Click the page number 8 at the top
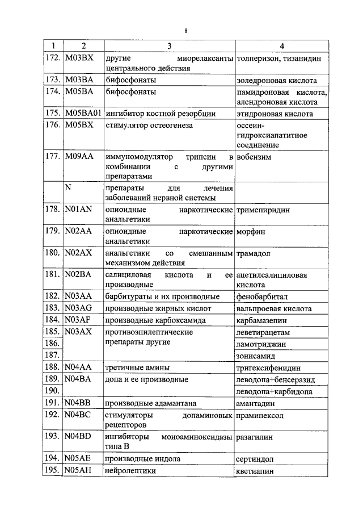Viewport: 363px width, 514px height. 185,30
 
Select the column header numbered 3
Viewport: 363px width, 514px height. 169,46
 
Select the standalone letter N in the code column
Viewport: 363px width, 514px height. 68,187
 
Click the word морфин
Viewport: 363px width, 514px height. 250,232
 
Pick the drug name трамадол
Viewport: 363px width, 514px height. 253,254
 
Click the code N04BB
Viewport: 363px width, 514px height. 79,403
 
